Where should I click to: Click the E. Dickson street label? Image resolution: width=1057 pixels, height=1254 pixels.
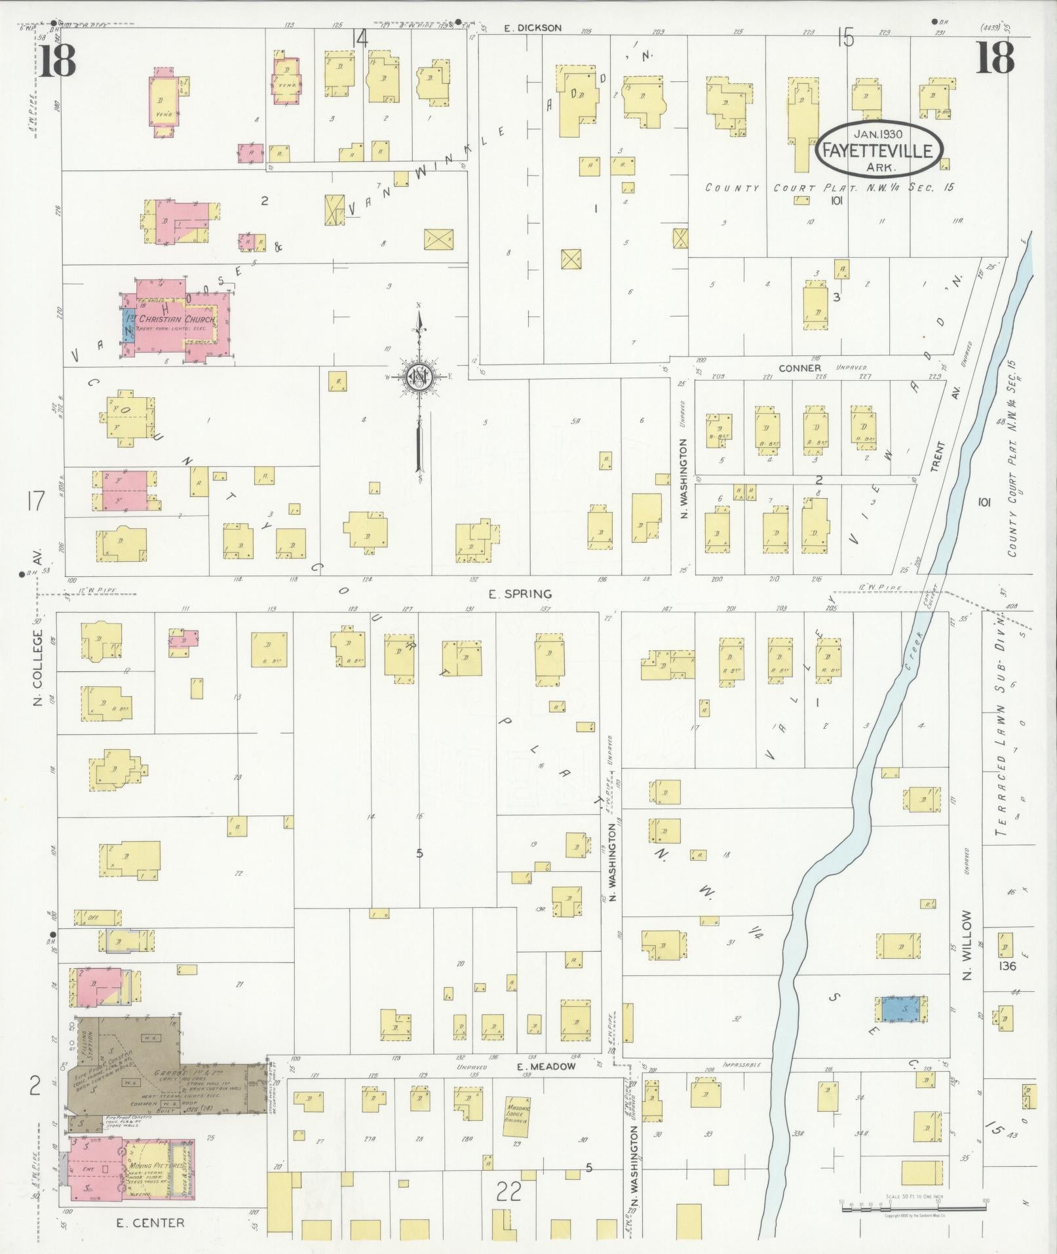533,28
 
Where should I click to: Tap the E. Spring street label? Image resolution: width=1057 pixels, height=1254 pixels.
521,594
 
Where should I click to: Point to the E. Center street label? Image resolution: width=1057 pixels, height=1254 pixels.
150,1223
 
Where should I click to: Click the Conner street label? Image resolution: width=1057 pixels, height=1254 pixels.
799,368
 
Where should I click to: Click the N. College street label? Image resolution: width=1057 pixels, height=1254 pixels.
38,668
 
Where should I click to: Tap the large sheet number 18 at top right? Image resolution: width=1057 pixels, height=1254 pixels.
995,58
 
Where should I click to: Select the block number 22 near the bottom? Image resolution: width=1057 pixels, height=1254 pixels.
508,1190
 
